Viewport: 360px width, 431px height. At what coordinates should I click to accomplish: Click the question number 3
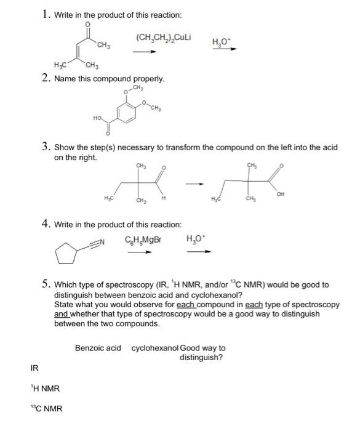(46, 147)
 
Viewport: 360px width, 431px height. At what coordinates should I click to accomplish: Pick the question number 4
(46, 225)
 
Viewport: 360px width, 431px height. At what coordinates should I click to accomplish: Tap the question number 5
(46, 284)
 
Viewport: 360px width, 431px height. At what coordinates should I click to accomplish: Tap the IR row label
(34, 368)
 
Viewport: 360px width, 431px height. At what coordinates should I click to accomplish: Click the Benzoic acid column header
(98, 348)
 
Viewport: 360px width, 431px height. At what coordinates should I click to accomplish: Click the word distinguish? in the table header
(201, 357)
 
